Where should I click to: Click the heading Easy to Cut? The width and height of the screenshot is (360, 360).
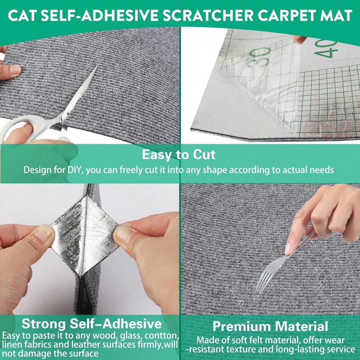[179, 155]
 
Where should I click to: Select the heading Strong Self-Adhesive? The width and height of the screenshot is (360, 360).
[92, 323]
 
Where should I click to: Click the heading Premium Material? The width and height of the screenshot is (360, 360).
[270, 326]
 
